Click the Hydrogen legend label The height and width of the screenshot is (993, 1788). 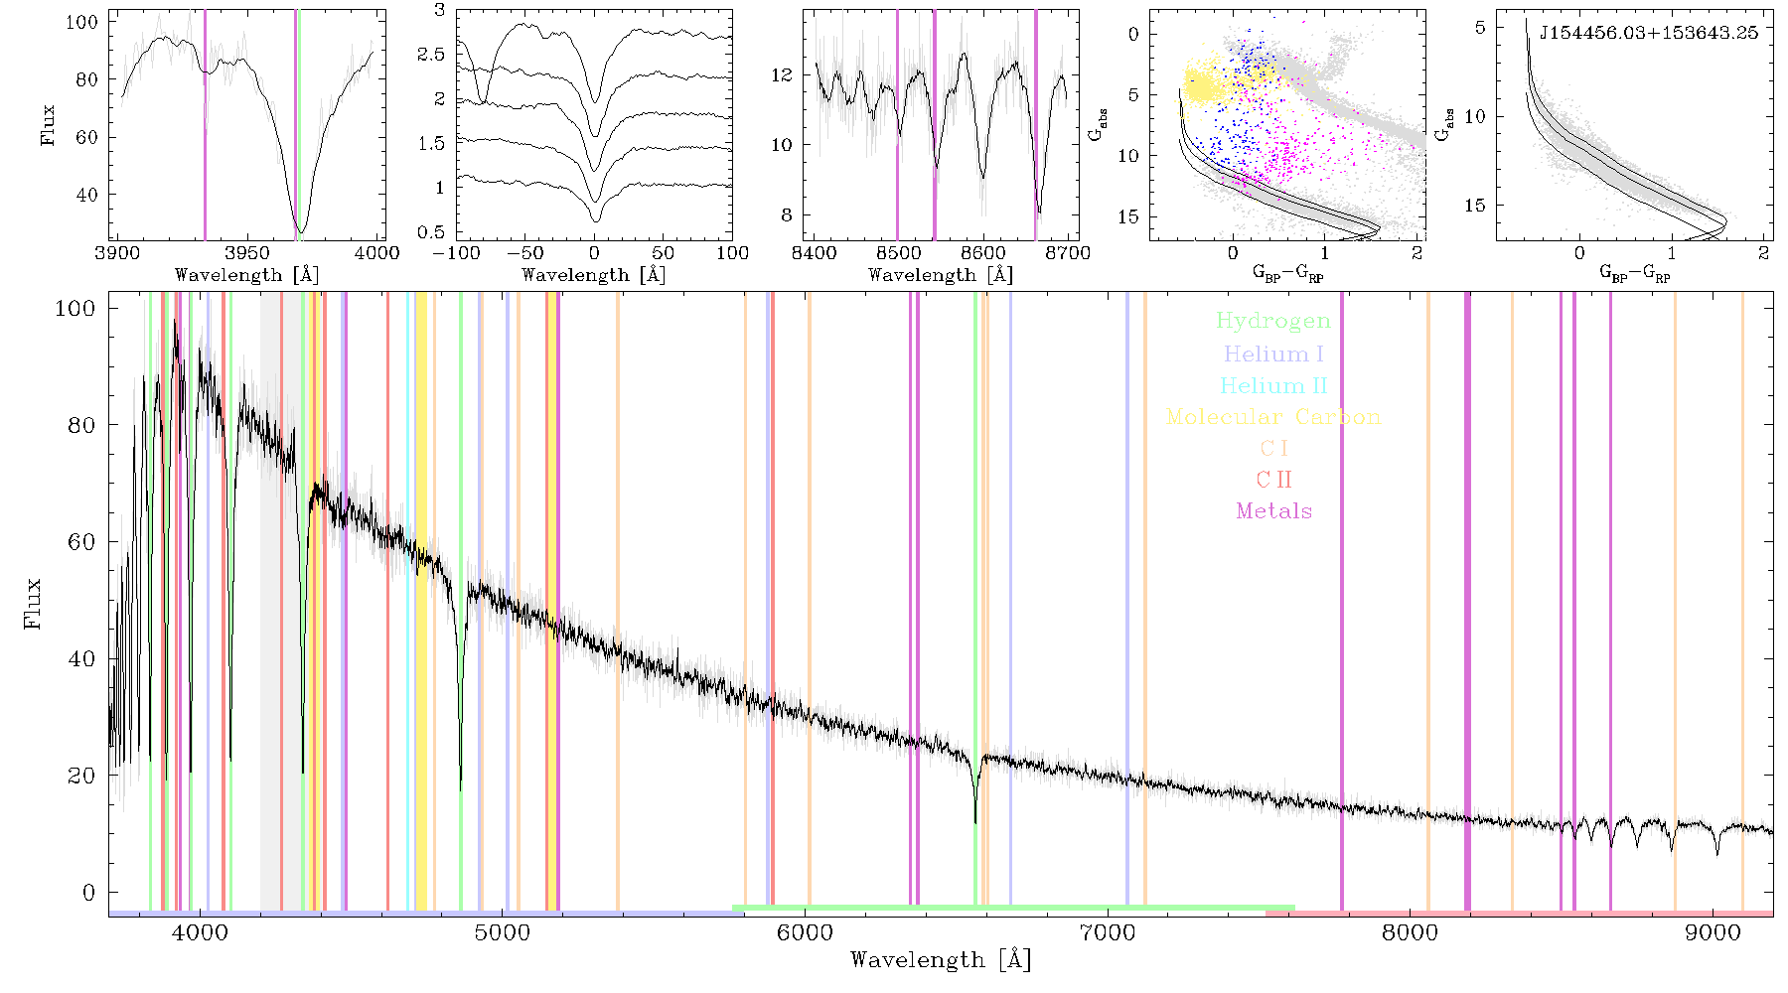[1272, 321]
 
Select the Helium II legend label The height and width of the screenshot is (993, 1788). [1272, 385]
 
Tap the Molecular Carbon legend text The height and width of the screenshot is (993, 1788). [1272, 417]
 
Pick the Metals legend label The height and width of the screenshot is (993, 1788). [1273, 511]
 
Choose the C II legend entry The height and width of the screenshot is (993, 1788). [1273, 480]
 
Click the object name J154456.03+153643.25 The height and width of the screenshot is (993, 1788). [1648, 33]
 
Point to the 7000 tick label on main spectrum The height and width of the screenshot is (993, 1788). [1107, 932]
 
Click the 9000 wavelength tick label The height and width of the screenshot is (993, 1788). [1713, 932]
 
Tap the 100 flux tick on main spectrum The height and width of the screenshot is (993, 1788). [75, 309]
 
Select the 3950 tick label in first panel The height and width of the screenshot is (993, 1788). [247, 253]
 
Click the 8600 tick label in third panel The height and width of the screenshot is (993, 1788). [982, 253]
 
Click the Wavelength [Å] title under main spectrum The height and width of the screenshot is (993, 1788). [941, 959]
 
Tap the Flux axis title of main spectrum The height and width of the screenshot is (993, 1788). [34, 603]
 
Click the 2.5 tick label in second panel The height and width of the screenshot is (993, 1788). [431, 55]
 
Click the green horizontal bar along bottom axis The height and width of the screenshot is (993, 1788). [1013, 908]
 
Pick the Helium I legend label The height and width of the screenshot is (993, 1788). [1273, 354]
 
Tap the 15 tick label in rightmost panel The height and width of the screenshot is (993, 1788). [1475, 206]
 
